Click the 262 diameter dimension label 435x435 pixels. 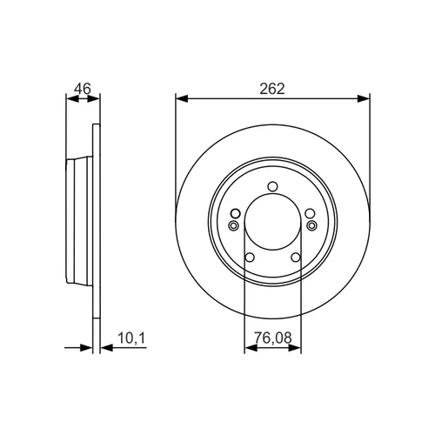272,89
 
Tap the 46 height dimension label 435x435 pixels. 83,89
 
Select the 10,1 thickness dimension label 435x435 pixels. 131,338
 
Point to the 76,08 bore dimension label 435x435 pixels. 272,338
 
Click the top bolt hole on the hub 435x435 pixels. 272,186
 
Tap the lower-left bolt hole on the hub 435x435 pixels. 250,258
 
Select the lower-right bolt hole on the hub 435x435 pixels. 296,258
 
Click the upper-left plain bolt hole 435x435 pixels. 236,214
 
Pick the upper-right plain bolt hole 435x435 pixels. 310,214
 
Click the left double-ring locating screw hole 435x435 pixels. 233,225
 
